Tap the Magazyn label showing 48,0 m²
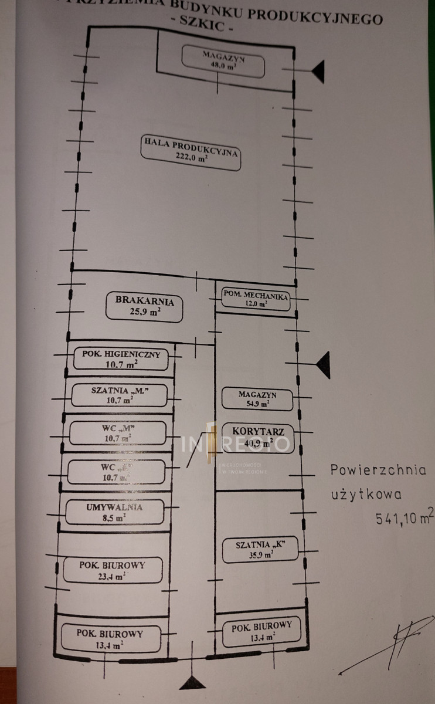223,61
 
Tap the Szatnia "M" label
119,395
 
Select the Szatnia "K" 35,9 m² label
260,549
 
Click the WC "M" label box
117,432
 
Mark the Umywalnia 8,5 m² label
114,512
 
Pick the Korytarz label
258,438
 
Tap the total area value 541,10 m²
405,517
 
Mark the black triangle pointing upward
193,682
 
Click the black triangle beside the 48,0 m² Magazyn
317,72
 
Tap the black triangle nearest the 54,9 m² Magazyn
322,365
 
